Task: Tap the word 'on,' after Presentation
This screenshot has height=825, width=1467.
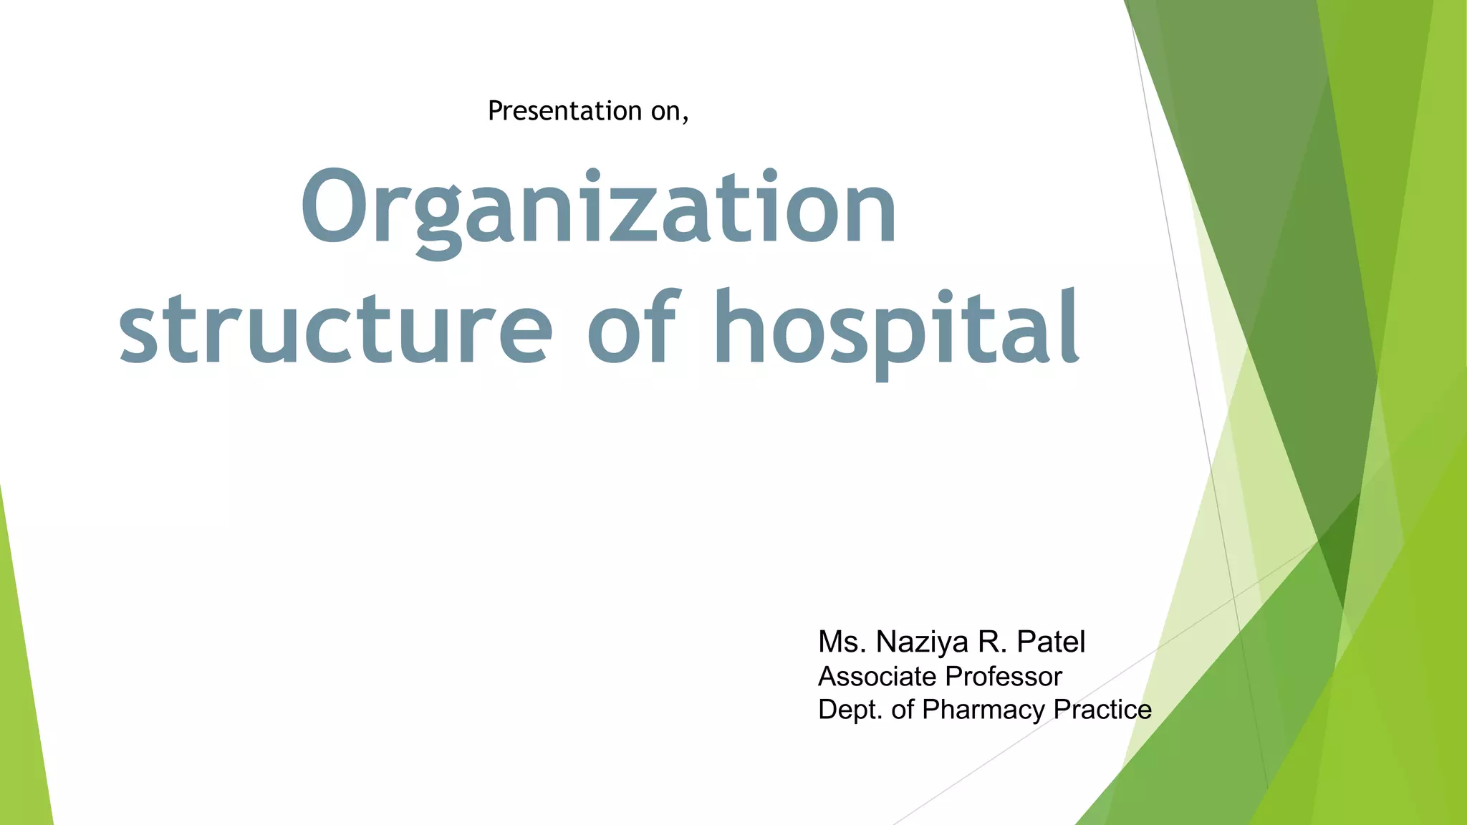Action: pos(670,112)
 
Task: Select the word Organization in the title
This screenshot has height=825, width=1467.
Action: pos(598,208)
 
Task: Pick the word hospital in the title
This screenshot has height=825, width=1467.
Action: pos(896,329)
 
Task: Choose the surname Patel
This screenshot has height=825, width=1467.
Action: pos(1051,642)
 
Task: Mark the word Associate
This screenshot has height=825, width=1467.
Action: pos(877,677)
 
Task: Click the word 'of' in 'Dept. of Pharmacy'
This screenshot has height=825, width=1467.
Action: pos(903,710)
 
